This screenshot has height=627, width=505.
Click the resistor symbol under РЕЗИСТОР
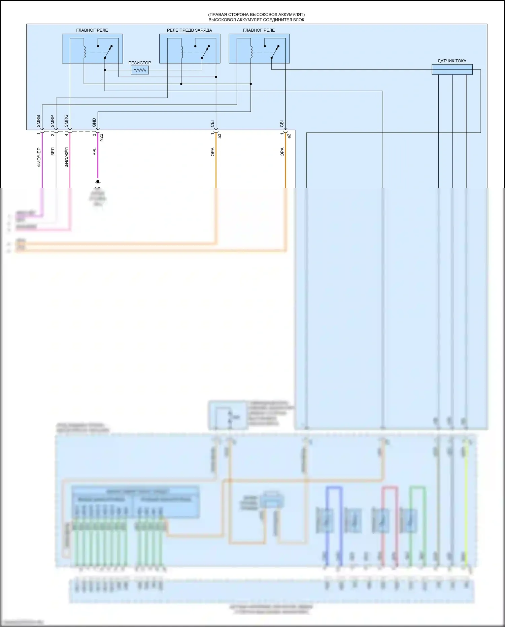tap(140, 70)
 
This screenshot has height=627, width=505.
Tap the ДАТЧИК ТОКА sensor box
tap(452, 70)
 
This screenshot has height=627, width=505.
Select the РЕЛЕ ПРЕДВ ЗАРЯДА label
tap(189, 30)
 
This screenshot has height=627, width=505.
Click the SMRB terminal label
tap(38, 121)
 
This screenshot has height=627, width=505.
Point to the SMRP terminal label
tap(53, 121)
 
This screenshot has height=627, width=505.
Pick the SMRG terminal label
tap(66, 121)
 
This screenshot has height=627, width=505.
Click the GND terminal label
tap(94, 123)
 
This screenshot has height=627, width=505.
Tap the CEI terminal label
tap(212, 124)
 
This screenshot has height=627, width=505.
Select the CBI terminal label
tap(282, 124)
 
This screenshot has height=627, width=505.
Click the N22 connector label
tap(101, 137)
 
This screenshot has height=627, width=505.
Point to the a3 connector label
tap(220, 136)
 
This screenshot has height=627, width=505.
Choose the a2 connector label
tap(289, 136)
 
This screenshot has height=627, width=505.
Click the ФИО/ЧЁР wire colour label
tap(39, 157)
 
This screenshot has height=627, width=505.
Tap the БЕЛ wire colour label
tap(53, 152)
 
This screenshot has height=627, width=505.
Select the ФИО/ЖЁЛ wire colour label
tap(67, 157)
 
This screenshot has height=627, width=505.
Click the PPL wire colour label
tap(95, 152)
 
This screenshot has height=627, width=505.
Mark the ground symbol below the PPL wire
tap(98, 183)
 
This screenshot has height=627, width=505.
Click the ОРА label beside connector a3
tap(213, 152)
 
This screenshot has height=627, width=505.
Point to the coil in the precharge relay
tap(182, 52)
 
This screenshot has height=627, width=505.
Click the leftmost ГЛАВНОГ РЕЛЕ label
tap(92, 30)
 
